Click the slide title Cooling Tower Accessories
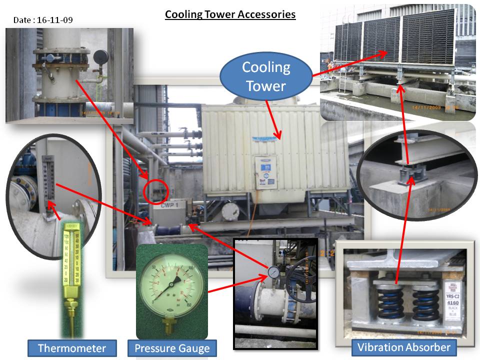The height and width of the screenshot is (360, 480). pos(230,14)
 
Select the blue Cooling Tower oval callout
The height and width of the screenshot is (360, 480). pos(265,76)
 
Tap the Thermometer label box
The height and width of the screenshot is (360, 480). pos(72,348)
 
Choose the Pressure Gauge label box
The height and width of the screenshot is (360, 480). pos(172,348)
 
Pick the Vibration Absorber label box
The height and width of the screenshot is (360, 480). pos(404,347)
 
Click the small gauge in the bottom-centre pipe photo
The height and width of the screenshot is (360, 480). pos(273,272)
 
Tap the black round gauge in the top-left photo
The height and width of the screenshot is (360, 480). pos(100,55)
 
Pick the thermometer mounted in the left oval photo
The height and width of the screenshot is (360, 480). pos(48,180)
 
